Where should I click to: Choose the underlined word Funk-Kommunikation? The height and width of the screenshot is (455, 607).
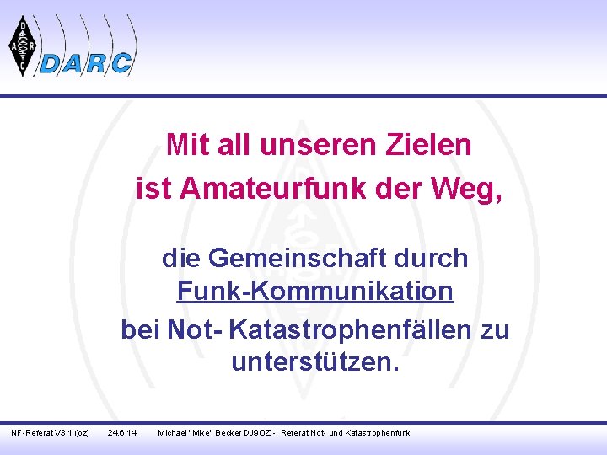coord(315,292)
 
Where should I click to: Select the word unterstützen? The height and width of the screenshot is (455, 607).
coord(315,363)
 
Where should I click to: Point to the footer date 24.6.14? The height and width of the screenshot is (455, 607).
coord(124,432)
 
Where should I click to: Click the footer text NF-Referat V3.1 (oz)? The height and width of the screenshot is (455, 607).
coord(51,432)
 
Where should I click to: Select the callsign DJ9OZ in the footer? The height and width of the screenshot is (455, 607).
coord(258,432)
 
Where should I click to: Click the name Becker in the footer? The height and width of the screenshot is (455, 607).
coord(225,432)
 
